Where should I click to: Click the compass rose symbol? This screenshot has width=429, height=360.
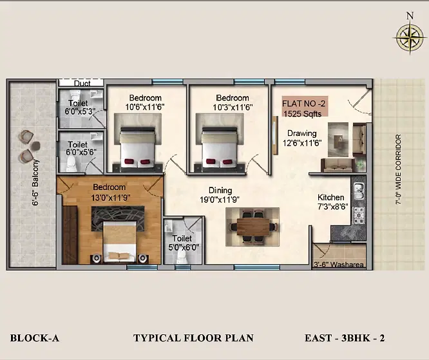[x=410, y=37]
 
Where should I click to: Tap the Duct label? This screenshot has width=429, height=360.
[x=82, y=83]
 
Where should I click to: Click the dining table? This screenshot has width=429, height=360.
[x=253, y=227]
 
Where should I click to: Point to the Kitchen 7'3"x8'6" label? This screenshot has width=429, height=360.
[x=332, y=202]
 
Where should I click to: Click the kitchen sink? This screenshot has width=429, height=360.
[x=359, y=191]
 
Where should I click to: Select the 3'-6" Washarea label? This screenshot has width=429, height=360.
[x=339, y=265]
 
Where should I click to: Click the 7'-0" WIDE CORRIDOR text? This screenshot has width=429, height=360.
[x=398, y=169]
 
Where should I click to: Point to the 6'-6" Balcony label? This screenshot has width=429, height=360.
[x=35, y=182]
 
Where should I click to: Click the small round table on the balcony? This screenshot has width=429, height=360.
[x=35, y=146]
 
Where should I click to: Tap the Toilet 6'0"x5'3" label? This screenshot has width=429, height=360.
[x=79, y=108]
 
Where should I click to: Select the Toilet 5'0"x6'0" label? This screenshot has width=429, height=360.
[x=183, y=243]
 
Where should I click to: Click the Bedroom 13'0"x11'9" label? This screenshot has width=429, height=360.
[x=110, y=193]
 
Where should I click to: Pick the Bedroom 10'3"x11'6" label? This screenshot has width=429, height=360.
[x=233, y=102]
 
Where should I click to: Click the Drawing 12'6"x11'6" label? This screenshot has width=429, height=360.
[x=302, y=138]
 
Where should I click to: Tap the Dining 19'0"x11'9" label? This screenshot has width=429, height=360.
[x=220, y=195]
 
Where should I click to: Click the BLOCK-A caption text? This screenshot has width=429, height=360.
[x=35, y=338]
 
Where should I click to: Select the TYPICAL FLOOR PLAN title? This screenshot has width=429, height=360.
[x=193, y=338]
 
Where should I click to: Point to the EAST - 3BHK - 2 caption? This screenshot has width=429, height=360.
[x=345, y=338]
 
